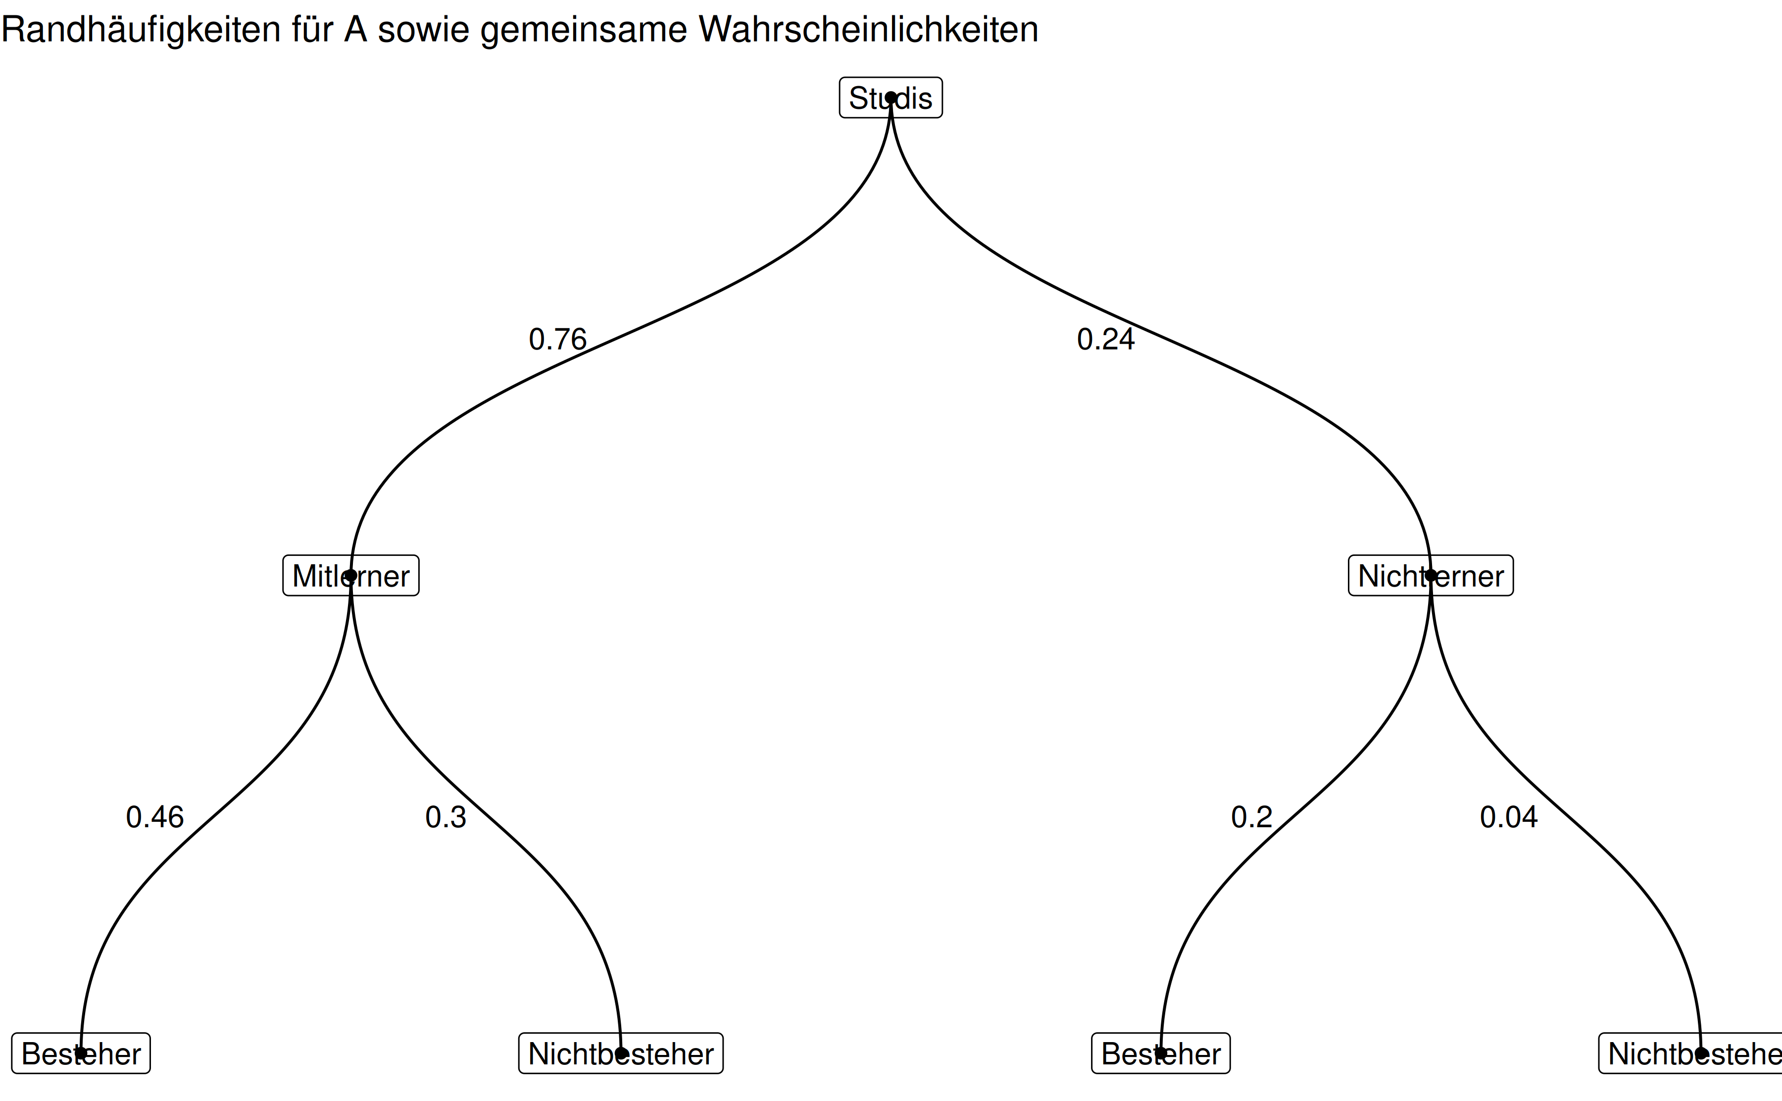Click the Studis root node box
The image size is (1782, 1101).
tap(891, 98)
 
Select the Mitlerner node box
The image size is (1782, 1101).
tap(351, 576)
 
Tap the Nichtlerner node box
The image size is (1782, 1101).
tap(1431, 576)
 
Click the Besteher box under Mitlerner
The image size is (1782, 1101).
tap(81, 1053)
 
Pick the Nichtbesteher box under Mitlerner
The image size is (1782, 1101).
tap(621, 1053)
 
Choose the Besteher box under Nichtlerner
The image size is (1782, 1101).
tap(1160, 1053)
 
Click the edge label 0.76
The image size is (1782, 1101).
tap(557, 339)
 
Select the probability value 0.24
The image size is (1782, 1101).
tap(1106, 339)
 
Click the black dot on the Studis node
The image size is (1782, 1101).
tap(891, 98)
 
